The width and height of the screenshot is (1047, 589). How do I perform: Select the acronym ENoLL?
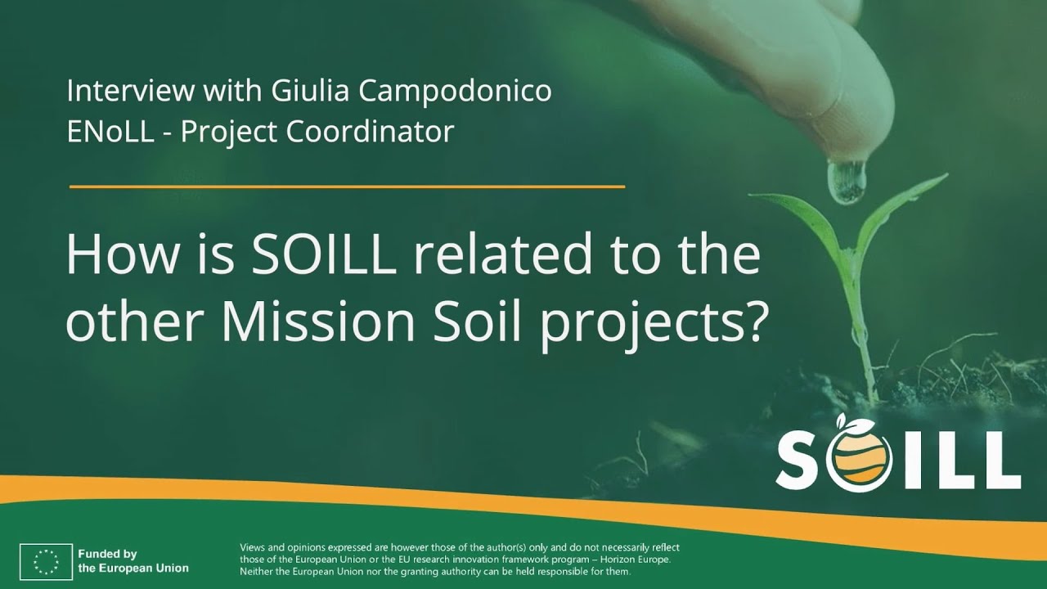point(110,131)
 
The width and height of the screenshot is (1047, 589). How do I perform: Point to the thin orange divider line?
point(347,187)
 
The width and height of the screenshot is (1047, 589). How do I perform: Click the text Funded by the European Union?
point(133,560)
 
